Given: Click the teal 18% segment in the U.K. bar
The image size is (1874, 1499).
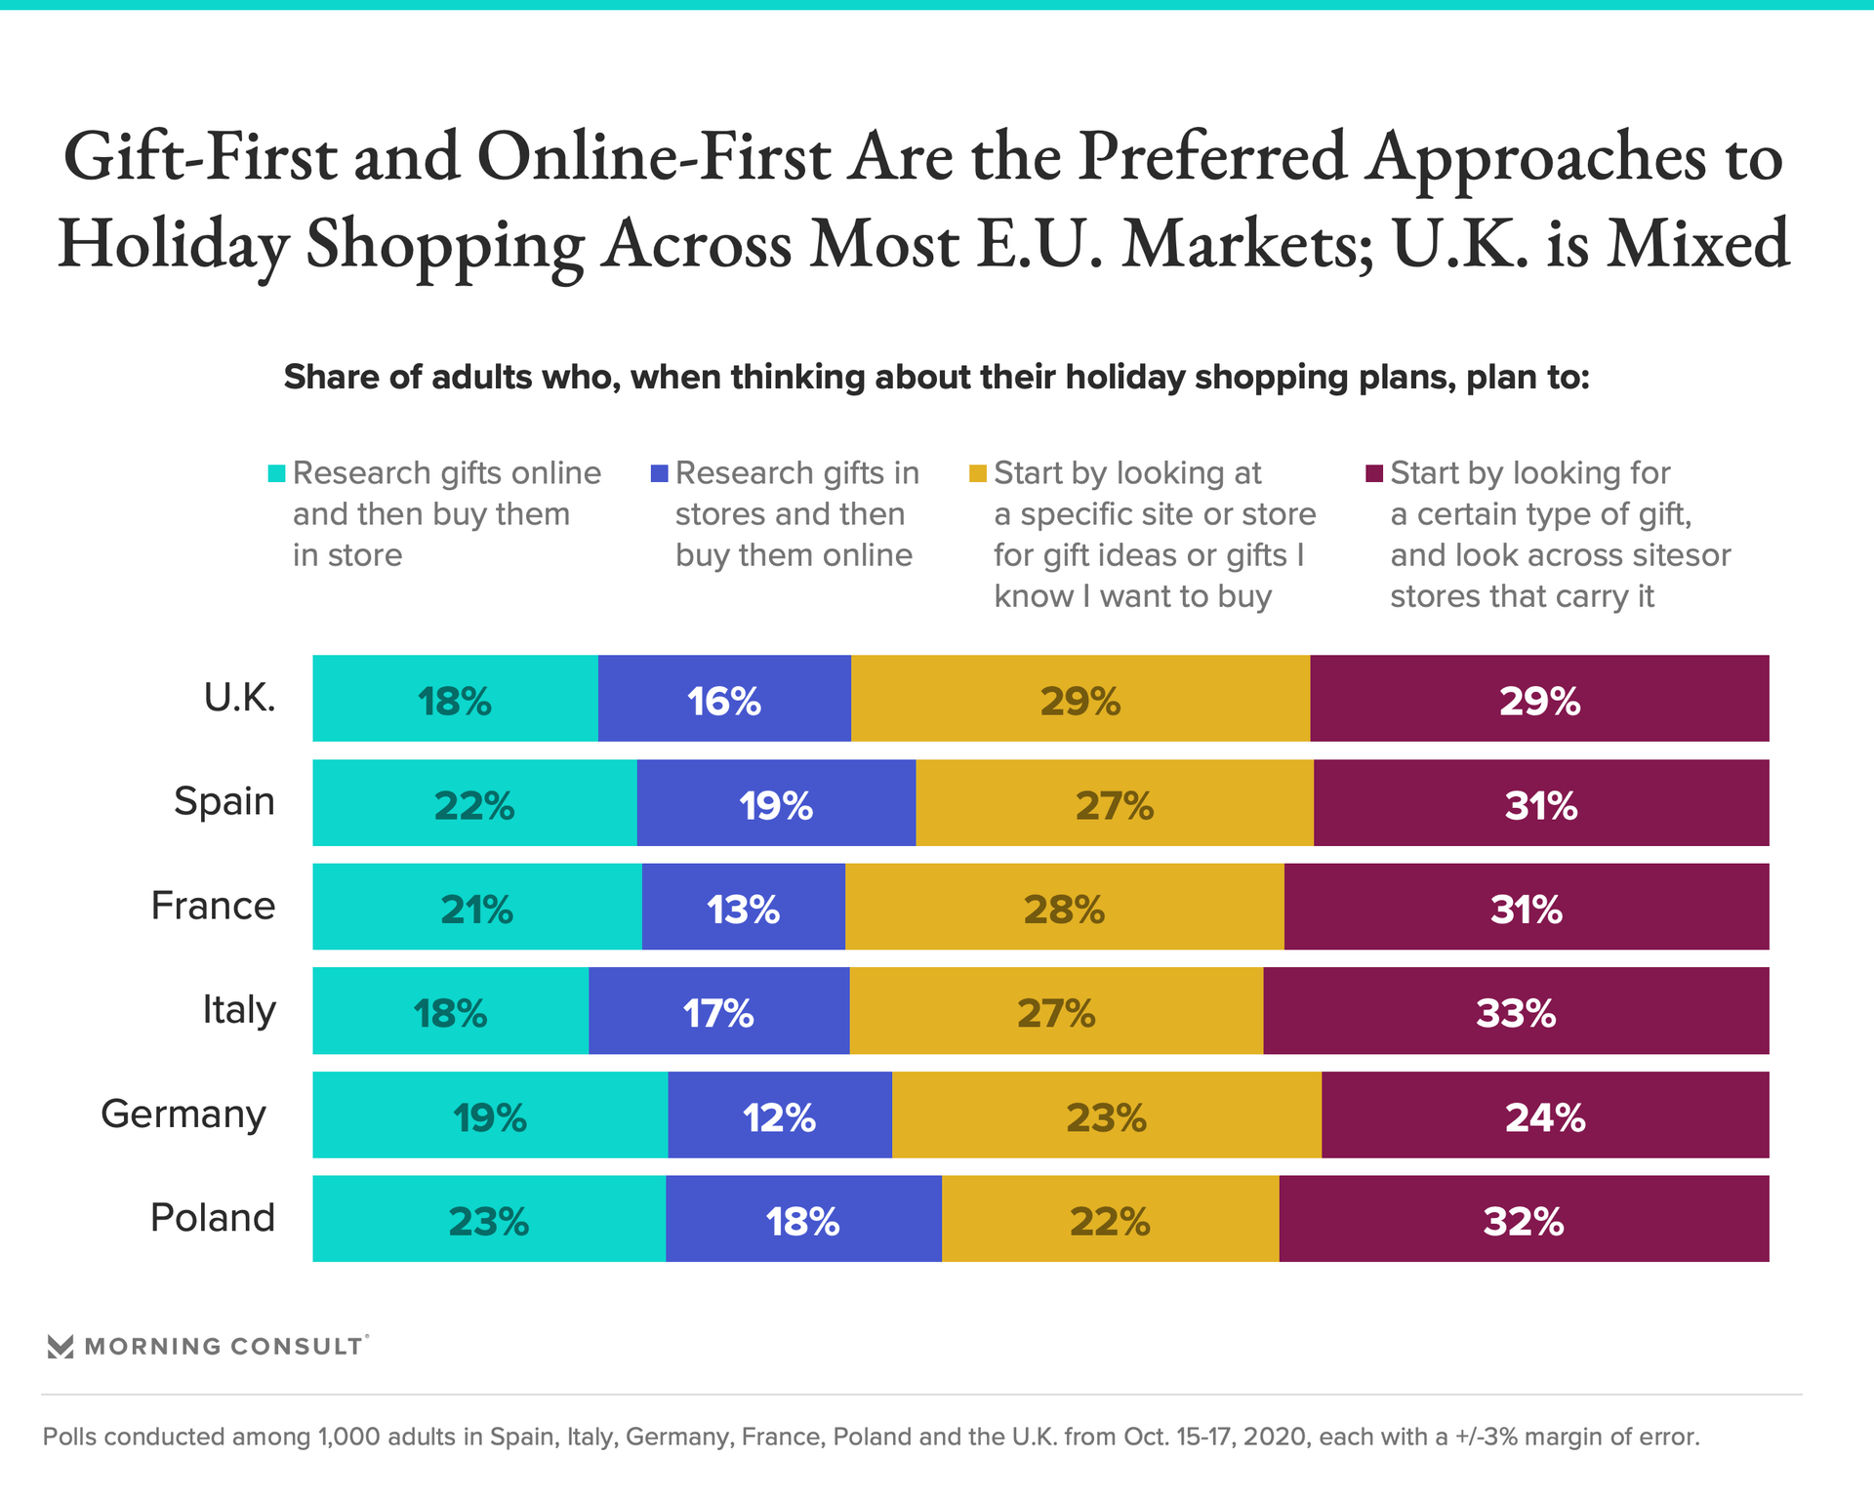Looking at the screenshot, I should (x=455, y=699).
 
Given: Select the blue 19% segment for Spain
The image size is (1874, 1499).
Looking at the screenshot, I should (x=776, y=803).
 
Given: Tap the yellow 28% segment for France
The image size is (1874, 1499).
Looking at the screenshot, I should (x=1064, y=907).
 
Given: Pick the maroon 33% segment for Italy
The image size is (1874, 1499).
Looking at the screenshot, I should (x=1515, y=1011).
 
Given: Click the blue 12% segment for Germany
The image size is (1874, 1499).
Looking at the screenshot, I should (x=779, y=1115).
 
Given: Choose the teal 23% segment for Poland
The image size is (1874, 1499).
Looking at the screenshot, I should (x=488, y=1219).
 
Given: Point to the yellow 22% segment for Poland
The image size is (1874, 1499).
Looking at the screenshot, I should (x=1110, y=1219).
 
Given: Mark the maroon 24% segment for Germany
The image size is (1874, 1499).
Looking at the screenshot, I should (x=1545, y=1115).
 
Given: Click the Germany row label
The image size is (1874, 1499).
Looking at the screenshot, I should (x=183, y=1114).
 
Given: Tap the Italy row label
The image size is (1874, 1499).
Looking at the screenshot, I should (x=239, y=1009).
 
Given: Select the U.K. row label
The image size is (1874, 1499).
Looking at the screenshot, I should (x=240, y=698).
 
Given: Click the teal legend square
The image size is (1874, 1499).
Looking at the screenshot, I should (x=277, y=473).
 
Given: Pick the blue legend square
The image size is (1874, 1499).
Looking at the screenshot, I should (x=660, y=473).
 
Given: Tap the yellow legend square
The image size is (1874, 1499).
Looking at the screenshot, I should (x=978, y=473).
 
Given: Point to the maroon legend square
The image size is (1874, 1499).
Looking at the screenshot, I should (x=1374, y=473).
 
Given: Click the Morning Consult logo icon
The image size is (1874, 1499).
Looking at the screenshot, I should (x=61, y=1347).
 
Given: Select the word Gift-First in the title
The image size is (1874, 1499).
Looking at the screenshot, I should (x=200, y=157).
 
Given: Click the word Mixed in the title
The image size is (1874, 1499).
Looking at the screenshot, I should (x=1698, y=244).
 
